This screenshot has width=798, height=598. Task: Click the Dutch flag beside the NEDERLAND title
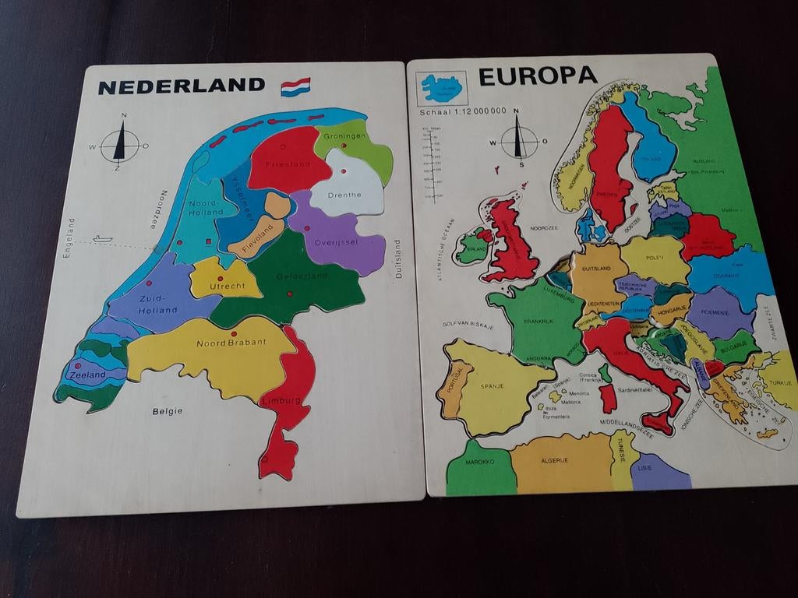coord(295,86)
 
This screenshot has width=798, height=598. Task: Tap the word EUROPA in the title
coord(537,76)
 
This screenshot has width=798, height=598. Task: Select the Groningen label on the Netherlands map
coord(344,136)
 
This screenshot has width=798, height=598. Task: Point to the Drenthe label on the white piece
coord(344,195)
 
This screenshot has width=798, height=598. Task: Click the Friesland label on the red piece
coord(288,164)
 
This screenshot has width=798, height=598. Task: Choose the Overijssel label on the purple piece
coord(336,242)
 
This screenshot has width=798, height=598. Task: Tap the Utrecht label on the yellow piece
coord(227,287)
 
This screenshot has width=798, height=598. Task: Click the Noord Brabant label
coord(231,343)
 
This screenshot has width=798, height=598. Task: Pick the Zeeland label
coord(87,375)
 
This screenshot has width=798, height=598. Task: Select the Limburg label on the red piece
coord(281,400)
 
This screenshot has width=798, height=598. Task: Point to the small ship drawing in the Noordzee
coord(102,239)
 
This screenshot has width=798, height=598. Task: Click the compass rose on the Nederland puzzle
coord(120,145)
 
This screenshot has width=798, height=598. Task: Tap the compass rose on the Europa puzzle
coord(518,142)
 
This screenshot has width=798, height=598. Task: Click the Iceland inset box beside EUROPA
coord(441,89)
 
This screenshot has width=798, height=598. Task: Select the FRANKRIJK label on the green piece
coord(538,321)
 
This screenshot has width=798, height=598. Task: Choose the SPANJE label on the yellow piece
coord(492,386)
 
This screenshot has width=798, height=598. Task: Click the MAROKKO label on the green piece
coord(480,462)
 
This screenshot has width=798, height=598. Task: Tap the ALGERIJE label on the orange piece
coord(554,460)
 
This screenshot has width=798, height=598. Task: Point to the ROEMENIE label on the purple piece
coord(714,312)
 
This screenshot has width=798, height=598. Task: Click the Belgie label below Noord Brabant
coord(168,410)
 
